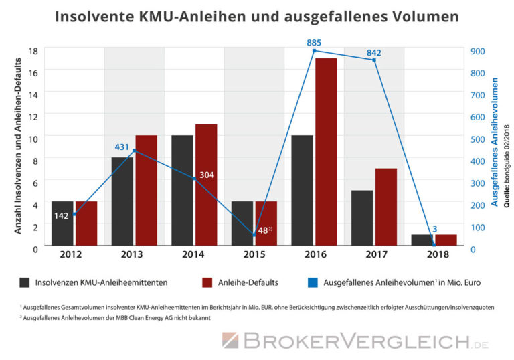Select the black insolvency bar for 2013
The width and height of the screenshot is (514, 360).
click(122, 201)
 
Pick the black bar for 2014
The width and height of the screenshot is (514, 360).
click(182, 190)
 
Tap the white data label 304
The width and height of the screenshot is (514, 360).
click(207, 175)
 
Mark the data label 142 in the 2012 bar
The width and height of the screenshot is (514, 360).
click(62, 215)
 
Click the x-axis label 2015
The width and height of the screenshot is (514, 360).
click(254, 255)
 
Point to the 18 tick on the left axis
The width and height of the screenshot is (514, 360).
click(33, 51)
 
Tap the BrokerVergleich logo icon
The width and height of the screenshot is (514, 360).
click(230, 341)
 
